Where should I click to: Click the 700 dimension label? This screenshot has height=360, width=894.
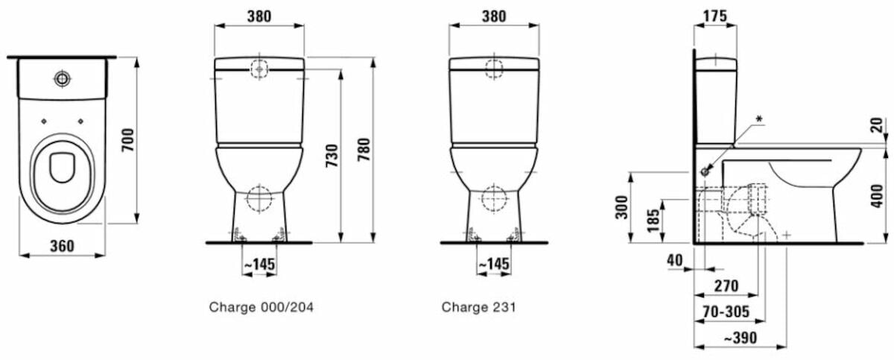[x=128, y=139]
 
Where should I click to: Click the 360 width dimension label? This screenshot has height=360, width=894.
[x=63, y=246]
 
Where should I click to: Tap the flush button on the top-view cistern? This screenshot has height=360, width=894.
[x=63, y=78]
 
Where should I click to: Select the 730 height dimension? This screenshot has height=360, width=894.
[x=332, y=156]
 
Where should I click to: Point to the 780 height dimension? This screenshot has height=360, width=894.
[x=364, y=149]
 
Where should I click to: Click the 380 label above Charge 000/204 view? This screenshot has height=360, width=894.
[x=259, y=16]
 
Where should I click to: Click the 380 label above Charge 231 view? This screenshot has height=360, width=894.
[x=494, y=16]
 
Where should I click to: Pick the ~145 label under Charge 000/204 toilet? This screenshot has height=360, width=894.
[x=259, y=264]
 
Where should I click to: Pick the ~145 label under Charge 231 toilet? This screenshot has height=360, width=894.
[x=494, y=264]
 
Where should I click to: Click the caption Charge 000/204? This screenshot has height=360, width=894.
[x=261, y=307]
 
